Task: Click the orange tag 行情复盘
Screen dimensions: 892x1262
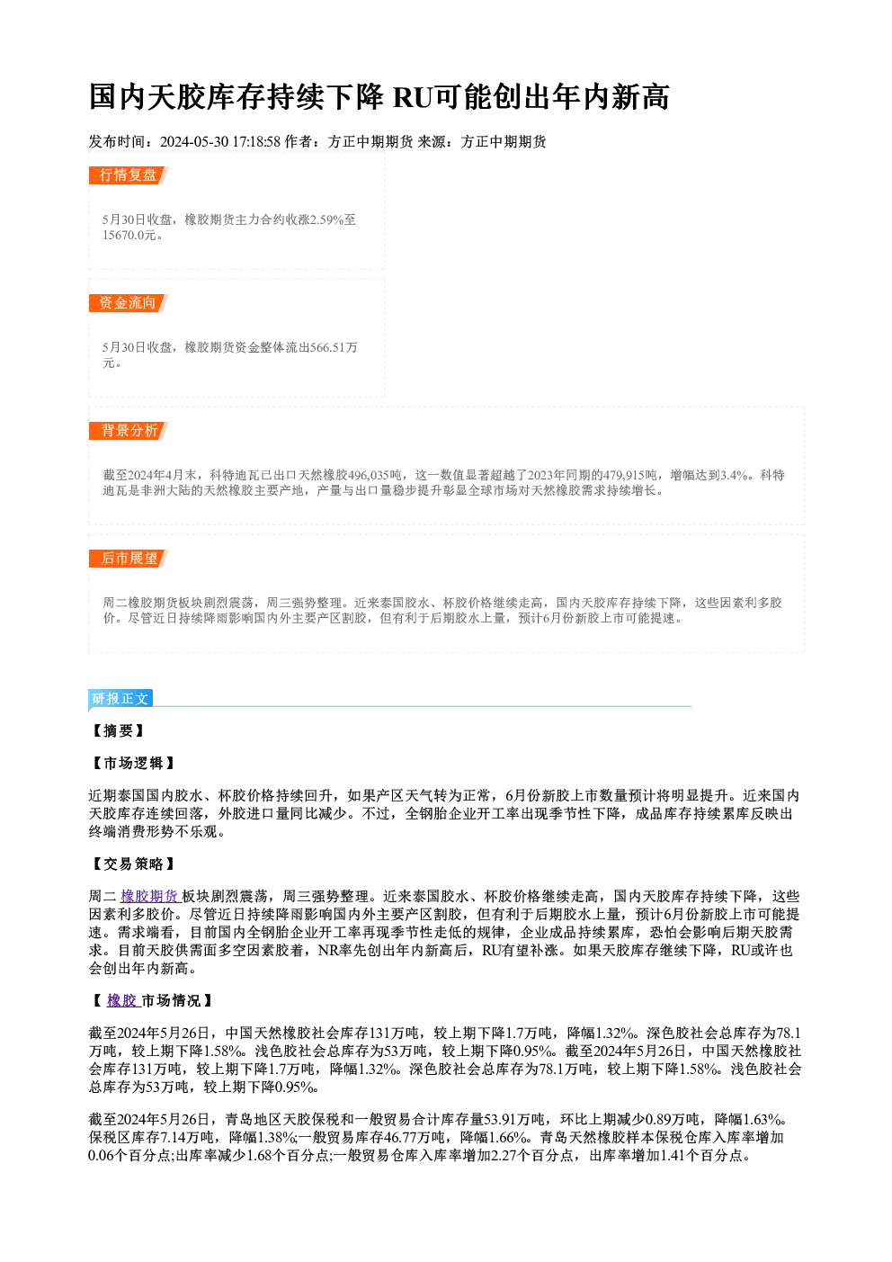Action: click(x=129, y=175)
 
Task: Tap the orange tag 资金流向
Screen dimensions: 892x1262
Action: click(x=129, y=303)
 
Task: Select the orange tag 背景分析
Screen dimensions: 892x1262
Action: click(x=129, y=431)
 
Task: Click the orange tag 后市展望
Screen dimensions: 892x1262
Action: click(x=129, y=559)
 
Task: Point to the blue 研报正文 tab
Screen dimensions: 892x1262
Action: click(x=120, y=699)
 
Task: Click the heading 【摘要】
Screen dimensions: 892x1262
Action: click(x=118, y=731)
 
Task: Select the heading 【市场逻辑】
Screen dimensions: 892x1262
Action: click(x=132, y=764)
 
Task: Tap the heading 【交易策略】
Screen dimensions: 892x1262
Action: click(x=132, y=864)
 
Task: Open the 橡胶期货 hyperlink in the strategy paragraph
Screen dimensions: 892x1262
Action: click(x=150, y=897)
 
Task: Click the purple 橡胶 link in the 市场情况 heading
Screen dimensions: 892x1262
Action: click(x=122, y=1000)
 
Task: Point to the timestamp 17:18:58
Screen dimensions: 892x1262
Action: click(x=256, y=142)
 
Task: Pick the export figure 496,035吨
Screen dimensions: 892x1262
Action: click(x=375, y=476)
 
